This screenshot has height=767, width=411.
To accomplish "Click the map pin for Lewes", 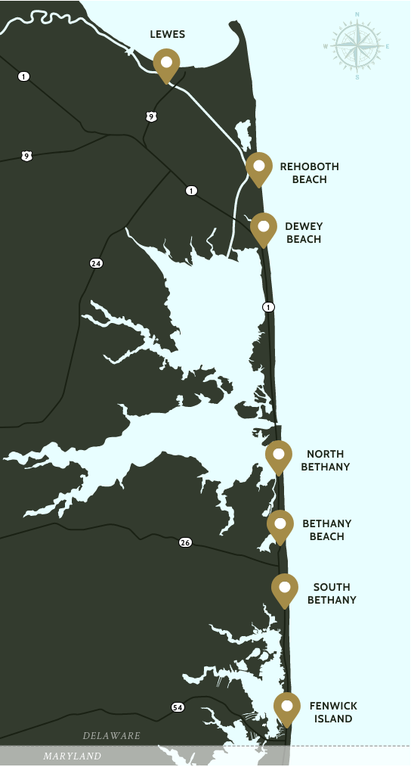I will (x=166, y=64).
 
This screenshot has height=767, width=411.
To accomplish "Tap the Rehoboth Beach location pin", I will (x=259, y=167).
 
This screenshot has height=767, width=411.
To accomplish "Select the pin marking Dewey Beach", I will (x=264, y=228).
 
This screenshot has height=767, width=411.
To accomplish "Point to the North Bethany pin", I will (x=279, y=455).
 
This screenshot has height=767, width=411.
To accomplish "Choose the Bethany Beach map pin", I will (x=280, y=525).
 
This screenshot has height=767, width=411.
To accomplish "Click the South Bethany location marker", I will (x=285, y=588).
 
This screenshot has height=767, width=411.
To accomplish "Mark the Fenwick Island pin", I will (x=287, y=707).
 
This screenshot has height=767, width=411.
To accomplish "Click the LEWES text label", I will (x=168, y=35).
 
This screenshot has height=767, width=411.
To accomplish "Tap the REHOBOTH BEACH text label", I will (x=309, y=173).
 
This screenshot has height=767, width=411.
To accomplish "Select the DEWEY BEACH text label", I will (x=304, y=233).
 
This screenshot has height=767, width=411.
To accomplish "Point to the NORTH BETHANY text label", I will (x=326, y=461).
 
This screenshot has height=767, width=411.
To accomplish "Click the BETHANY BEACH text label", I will (x=326, y=529).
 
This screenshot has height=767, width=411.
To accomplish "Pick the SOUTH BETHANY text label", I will (x=331, y=594).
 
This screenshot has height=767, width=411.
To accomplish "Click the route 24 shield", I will (x=96, y=263).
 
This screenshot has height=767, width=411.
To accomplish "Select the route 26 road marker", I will (x=185, y=542).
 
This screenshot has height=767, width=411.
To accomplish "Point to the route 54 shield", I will (x=178, y=707).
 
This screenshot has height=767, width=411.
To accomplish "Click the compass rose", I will (x=357, y=46).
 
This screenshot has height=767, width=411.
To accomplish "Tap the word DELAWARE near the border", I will (x=112, y=735).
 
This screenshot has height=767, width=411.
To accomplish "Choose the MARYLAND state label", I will (x=72, y=756).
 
